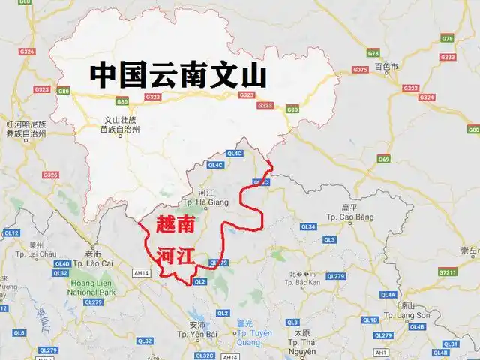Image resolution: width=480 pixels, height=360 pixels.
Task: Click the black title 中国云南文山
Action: [178, 75]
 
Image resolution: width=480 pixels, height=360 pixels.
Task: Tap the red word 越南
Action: [178, 224]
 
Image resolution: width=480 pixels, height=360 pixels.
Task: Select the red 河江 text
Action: [176, 256]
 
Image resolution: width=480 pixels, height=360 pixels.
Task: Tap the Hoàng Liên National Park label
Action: [91, 286]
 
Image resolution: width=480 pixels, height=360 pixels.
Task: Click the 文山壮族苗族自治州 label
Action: [120, 124]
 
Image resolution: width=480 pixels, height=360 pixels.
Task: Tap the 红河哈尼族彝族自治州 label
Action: [26, 128]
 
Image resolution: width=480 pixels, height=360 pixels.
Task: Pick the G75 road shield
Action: [360, 70]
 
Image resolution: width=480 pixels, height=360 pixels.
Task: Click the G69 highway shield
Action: [384, 159]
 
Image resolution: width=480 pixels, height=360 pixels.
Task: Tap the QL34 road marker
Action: [308, 226]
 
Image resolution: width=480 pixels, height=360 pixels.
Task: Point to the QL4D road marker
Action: [63, 263]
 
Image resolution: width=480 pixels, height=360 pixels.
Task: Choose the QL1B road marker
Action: [370, 319]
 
